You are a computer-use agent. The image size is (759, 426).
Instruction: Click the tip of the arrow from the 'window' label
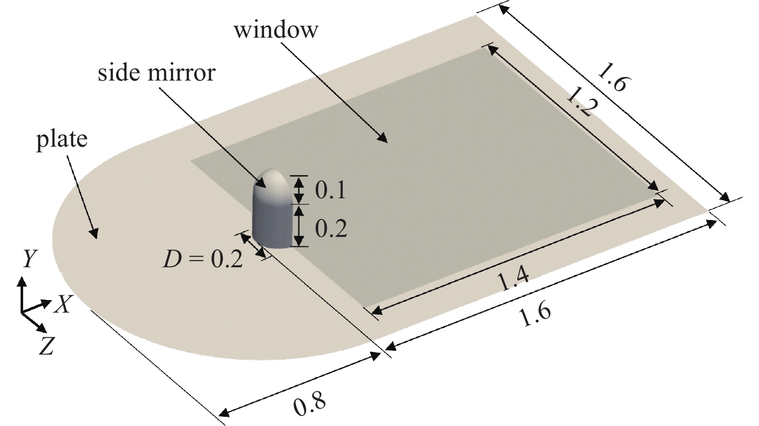click(387, 143)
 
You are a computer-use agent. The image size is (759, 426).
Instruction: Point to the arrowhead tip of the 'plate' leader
click(96, 239)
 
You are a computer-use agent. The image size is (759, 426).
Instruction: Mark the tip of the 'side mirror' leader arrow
click(266, 187)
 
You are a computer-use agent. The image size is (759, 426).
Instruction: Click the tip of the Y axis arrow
click(22, 277)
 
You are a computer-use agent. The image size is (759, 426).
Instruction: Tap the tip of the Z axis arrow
click(46, 332)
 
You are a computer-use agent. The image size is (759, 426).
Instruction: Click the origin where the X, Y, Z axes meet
click(22, 312)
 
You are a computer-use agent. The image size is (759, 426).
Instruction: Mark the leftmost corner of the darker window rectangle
click(191, 161)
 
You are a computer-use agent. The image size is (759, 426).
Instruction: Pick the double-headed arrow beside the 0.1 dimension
click(298, 190)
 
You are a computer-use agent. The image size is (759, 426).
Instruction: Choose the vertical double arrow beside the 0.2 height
click(298, 226)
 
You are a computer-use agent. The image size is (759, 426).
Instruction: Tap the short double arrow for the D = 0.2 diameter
click(253, 245)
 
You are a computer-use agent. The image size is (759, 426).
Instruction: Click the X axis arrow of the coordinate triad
click(36, 306)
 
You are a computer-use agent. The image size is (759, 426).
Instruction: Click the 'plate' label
click(62, 139)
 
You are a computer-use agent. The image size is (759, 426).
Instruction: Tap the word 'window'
click(276, 30)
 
